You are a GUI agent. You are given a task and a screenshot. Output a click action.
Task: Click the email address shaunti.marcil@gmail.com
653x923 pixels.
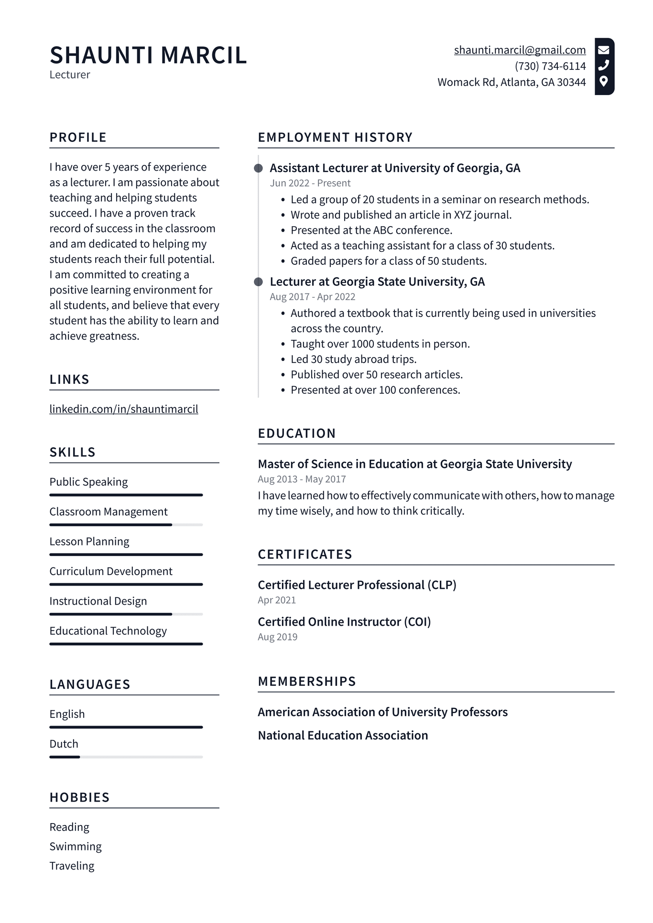pos(520,50)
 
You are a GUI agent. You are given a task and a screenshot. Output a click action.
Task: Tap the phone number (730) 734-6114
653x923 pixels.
pos(550,66)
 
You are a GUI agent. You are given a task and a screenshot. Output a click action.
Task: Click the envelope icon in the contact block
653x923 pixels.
pos(604,50)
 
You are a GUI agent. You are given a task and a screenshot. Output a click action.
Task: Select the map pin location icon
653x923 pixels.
pos(604,81)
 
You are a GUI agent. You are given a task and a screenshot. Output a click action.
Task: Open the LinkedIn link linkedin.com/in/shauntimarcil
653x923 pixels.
pos(124,409)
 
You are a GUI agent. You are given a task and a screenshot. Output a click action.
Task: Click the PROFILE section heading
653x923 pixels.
pos(78,138)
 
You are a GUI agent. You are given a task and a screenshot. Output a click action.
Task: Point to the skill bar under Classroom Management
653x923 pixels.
pos(126,525)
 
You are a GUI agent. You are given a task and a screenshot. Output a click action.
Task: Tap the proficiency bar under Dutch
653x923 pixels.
pos(126,757)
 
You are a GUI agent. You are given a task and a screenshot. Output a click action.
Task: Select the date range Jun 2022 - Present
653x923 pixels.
pos(310,183)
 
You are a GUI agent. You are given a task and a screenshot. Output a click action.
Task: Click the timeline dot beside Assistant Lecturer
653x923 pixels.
pos(258,168)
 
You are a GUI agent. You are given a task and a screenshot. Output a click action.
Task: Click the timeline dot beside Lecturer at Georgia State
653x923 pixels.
pos(258,282)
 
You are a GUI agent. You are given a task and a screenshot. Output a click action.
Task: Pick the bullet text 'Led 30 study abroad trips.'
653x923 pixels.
pos(354,359)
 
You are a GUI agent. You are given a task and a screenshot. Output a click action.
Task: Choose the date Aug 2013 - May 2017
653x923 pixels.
pos(302,479)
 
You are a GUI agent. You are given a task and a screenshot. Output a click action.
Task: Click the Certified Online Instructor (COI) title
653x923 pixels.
pos(344,622)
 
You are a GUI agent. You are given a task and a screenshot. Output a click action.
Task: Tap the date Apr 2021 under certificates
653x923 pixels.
pos(277,600)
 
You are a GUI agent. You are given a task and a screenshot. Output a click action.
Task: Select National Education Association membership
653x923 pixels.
pos(343,736)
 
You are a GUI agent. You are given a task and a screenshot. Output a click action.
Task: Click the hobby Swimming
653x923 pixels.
pos(76,847)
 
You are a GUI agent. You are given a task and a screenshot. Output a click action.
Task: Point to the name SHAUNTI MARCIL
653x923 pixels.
pos(148,55)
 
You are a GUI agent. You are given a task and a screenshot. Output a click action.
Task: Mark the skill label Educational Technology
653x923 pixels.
pos(108,631)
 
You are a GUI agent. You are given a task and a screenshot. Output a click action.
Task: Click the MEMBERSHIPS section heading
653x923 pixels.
pos(307,682)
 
